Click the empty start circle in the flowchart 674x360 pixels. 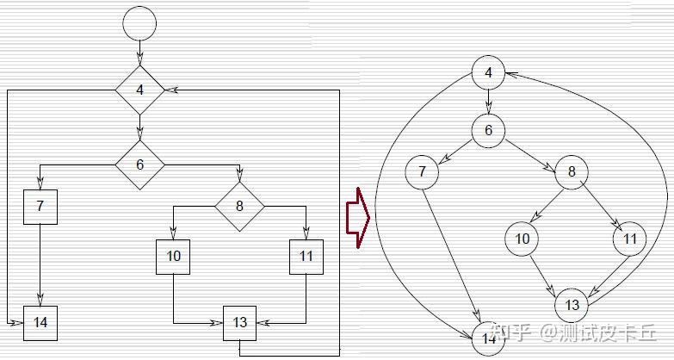point(140,22)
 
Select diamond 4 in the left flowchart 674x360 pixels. point(140,90)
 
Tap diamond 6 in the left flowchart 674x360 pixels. point(140,164)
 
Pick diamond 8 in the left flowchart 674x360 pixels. point(239,206)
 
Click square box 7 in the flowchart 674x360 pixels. point(40,206)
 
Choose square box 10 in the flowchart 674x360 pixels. point(173,257)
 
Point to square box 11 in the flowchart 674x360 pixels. point(306,257)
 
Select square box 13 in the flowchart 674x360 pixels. point(240,322)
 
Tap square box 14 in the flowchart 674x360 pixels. point(40,322)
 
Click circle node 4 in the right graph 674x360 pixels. point(488,72)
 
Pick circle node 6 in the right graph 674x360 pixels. point(488,130)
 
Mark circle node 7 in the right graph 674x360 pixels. point(422,171)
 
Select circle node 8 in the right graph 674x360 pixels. point(572,171)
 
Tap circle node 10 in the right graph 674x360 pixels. point(522,239)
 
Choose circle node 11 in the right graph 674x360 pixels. point(630,239)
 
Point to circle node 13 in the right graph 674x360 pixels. point(572,304)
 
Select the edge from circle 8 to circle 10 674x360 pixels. point(546,205)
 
